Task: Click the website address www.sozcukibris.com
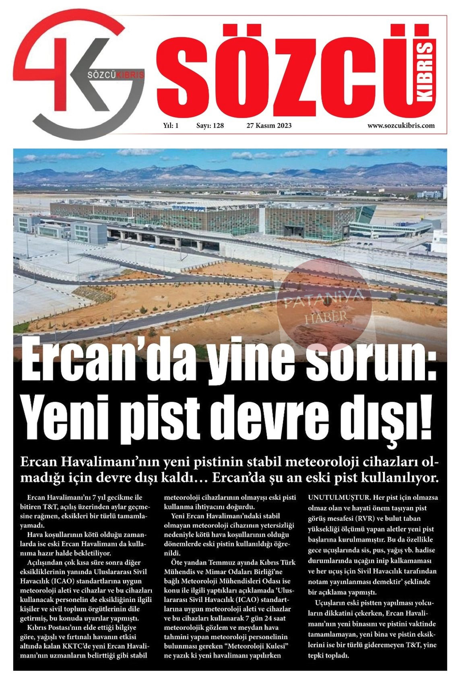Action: pos(401,126)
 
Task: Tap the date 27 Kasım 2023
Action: pos(269,126)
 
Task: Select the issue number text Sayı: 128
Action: pos(210,126)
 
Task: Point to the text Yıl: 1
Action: pos(171,126)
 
